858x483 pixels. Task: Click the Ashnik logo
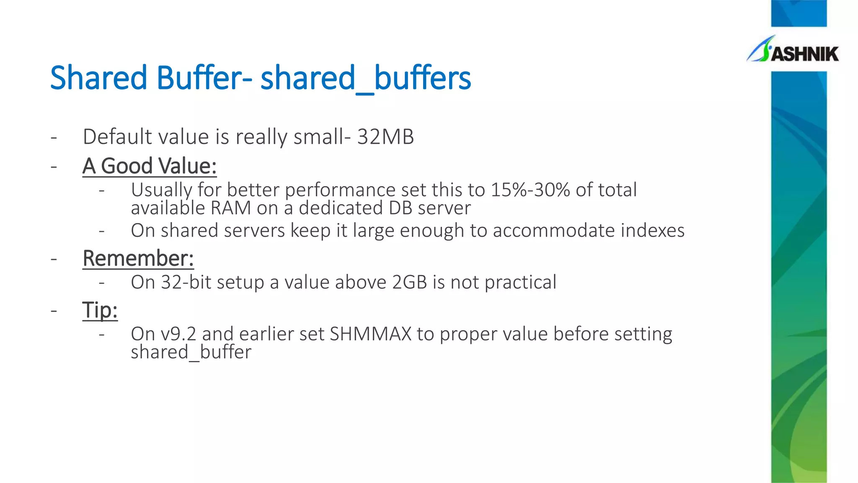pos(793,51)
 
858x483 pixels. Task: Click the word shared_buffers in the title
pos(365,78)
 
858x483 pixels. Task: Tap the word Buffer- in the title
pos(204,78)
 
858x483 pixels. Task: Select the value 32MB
pos(385,137)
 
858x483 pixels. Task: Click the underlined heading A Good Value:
pos(150,166)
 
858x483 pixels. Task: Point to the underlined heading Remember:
pos(138,258)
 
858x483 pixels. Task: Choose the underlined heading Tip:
pos(100,311)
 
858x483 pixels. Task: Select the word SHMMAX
pos(371,334)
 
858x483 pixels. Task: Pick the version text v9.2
pos(178,334)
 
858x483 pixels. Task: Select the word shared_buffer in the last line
pos(191,352)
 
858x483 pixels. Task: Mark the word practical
pos(520,283)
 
